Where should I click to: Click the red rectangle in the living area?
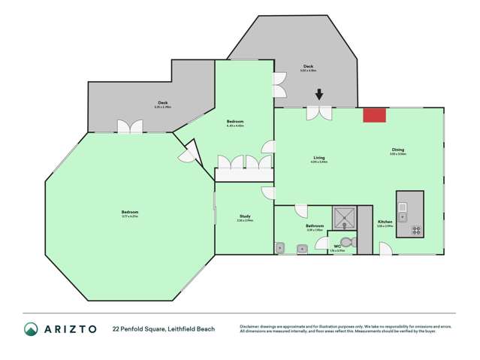pyautogui.click(x=374, y=114)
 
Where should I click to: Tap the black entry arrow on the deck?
pyautogui.click(x=319, y=95)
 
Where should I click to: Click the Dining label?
pyautogui.click(x=397, y=151)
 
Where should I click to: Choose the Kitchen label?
pyautogui.click(x=385, y=222)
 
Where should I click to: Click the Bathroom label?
pyautogui.click(x=314, y=227)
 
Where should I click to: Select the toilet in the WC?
pyautogui.click(x=346, y=242)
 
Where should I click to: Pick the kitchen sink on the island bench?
pyautogui.click(x=403, y=207)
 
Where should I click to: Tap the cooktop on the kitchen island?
pyautogui.click(x=415, y=230)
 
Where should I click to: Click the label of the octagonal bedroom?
pyautogui.click(x=129, y=213)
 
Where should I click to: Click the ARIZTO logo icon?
pyautogui.click(x=31, y=329)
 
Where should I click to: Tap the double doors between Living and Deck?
pyautogui.click(x=320, y=113)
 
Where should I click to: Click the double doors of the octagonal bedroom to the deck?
pyautogui.click(x=130, y=127)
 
